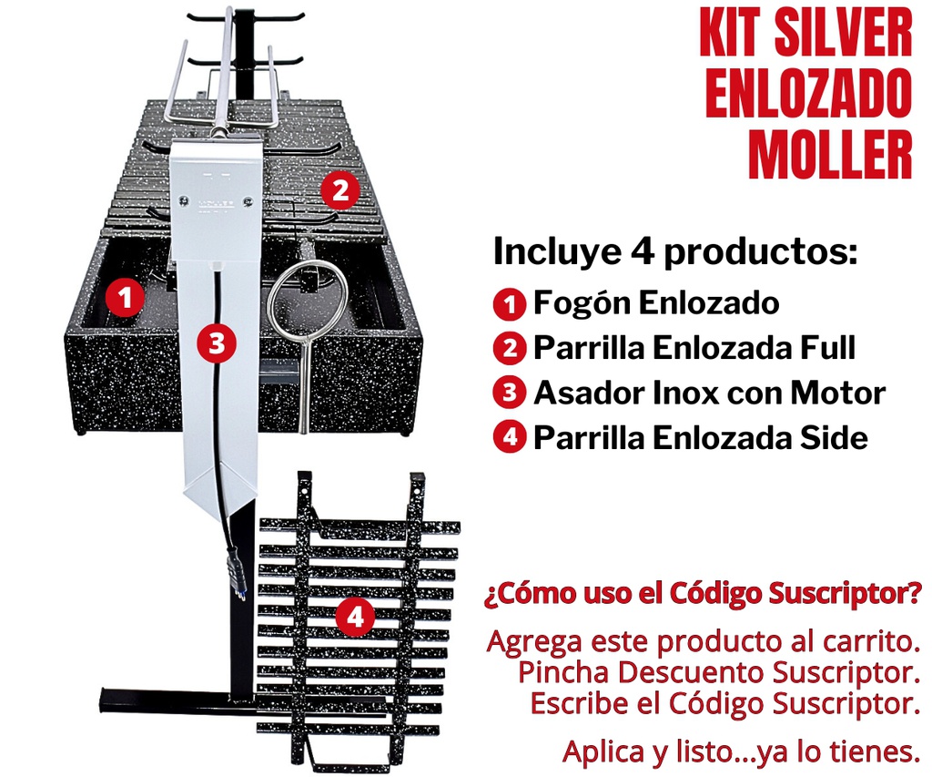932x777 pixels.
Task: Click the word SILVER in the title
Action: pyautogui.click(x=845, y=35)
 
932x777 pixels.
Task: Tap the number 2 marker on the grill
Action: pyautogui.click(x=339, y=191)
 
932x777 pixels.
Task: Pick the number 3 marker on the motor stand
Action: pyautogui.click(x=216, y=343)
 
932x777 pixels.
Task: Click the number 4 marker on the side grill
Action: pyautogui.click(x=355, y=618)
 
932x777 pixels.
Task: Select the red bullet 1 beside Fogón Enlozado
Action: pyautogui.click(x=510, y=303)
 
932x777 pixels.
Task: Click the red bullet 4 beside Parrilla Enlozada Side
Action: pyautogui.click(x=510, y=437)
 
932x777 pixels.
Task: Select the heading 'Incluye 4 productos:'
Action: pyautogui.click(x=675, y=251)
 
